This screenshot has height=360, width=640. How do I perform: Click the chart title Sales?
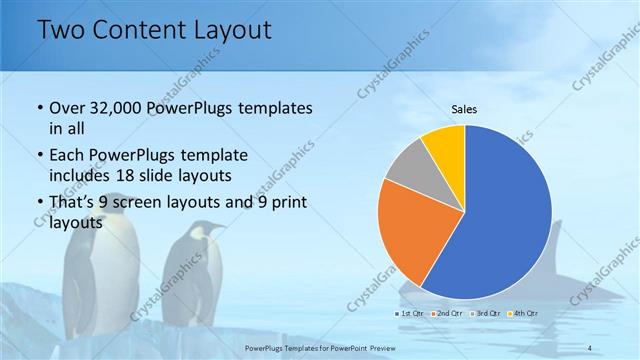(x=464, y=108)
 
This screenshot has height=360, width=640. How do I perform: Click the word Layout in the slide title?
(x=227, y=30)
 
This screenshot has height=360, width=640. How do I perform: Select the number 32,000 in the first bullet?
(x=115, y=108)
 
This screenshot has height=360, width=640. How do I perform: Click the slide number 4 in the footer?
(x=591, y=347)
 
